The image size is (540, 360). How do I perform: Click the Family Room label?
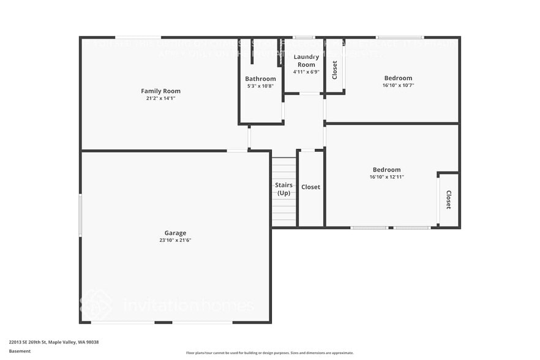[160, 91]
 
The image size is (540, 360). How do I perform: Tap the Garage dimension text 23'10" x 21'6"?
[174, 240]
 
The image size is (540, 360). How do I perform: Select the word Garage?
[174, 233]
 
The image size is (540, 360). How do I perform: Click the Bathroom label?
[260, 79]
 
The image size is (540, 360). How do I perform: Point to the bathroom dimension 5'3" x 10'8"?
[260, 86]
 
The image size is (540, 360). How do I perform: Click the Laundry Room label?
[306, 61]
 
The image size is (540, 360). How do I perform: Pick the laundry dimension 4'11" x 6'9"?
[306, 72]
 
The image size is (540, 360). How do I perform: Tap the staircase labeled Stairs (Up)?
[283, 189]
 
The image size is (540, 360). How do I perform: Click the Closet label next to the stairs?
[310, 187]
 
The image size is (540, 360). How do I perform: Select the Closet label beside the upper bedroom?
[334, 70]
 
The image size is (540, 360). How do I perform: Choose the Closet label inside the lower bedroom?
[448, 200]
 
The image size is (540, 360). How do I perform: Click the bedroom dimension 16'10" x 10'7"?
[398, 86]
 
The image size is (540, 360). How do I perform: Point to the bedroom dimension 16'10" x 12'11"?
[387, 177]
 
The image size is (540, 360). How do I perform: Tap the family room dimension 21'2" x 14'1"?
[160, 99]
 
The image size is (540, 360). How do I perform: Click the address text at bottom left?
[54, 342]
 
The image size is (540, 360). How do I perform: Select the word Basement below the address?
[20, 351]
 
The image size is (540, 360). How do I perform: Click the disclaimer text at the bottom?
[269, 353]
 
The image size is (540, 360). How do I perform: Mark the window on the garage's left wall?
[80, 215]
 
